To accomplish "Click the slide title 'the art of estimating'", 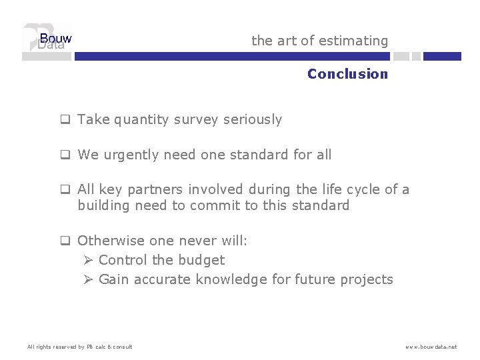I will [x=319, y=41].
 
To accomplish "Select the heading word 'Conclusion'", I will [x=347, y=74].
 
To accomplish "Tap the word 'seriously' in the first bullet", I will [x=252, y=120].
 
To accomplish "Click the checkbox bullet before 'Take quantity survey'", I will [x=65, y=121].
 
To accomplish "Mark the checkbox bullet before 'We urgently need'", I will [x=65, y=155].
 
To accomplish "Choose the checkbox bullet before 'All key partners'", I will [x=65, y=190].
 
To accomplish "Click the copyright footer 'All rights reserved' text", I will [x=79, y=347].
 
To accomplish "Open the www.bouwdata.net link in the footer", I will [x=431, y=347].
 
